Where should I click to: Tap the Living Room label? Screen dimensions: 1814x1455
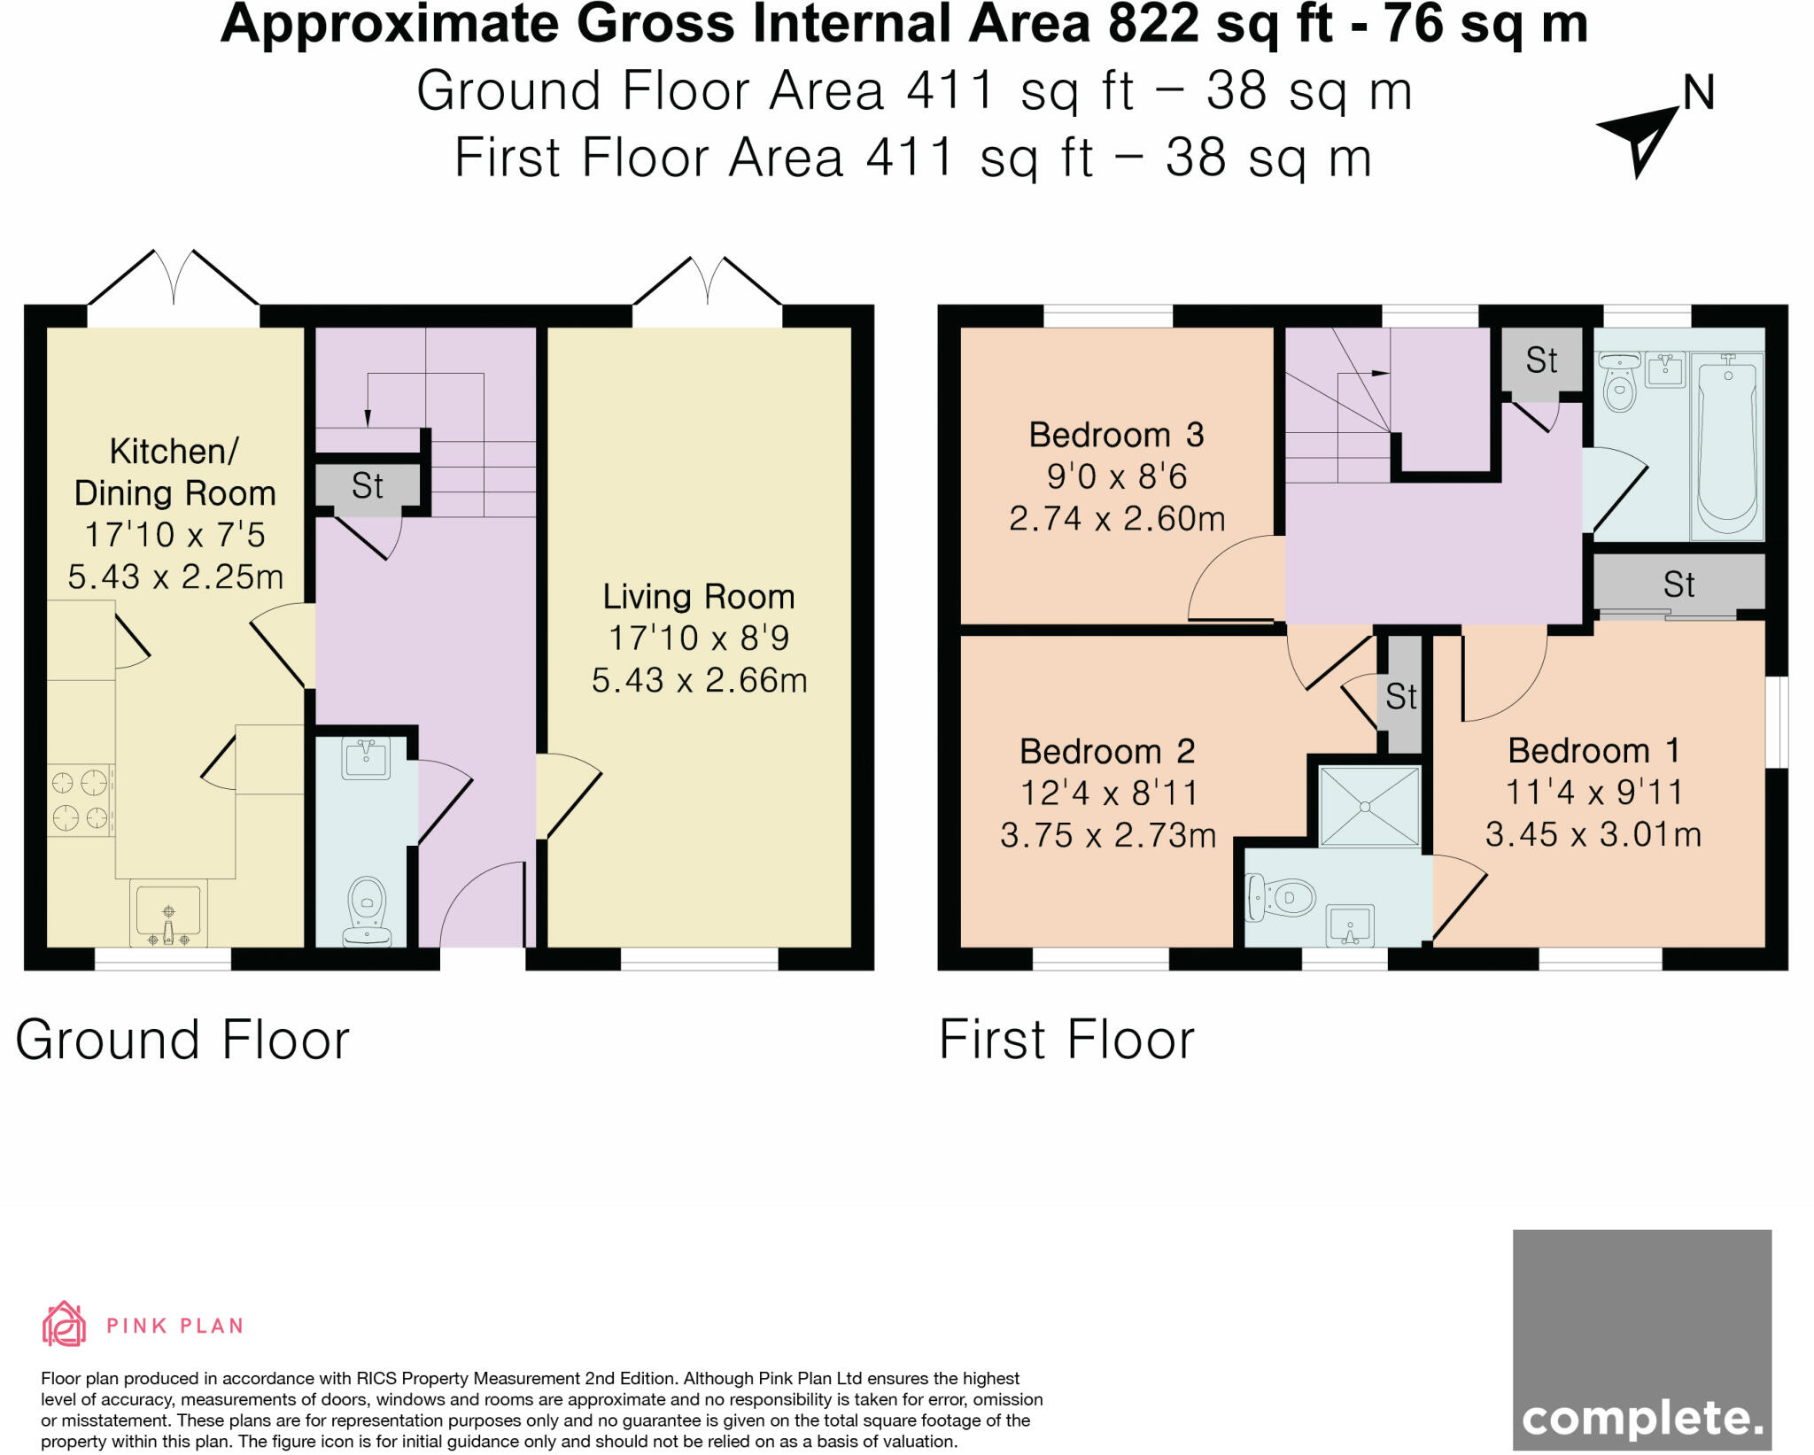pyautogui.click(x=699, y=597)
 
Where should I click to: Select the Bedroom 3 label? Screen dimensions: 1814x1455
pyautogui.click(x=1116, y=435)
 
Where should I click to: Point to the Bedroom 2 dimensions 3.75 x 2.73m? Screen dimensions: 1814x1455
pyautogui.click(x=1108, y=835)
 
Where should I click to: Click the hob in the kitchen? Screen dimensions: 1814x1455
pyautogui.click(x=80, y=800)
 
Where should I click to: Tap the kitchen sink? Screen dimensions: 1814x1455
pyautogui.click(x=168, y=912)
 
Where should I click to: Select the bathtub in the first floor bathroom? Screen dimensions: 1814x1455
pyautogui.click(x=1727, y=446)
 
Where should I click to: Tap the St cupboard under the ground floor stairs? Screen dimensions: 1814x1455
pyautogui.click(x=367, y=485)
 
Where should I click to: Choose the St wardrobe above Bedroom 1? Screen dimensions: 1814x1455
pyautogui.click(x=1678, y=584)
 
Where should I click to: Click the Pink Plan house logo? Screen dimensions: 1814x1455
pyautogui.click(x=64, y=1324)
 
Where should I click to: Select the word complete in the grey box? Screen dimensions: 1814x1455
pyautogui.click(x=1642, y=1419)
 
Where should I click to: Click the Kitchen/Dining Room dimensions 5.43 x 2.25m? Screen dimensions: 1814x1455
pyautogui.click(x=175, y=577)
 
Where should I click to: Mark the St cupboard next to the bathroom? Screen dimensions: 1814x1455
pyautogui.click(x=1541, y=360)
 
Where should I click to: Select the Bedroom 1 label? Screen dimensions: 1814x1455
pyautogui.click(x=1593, y=751)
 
